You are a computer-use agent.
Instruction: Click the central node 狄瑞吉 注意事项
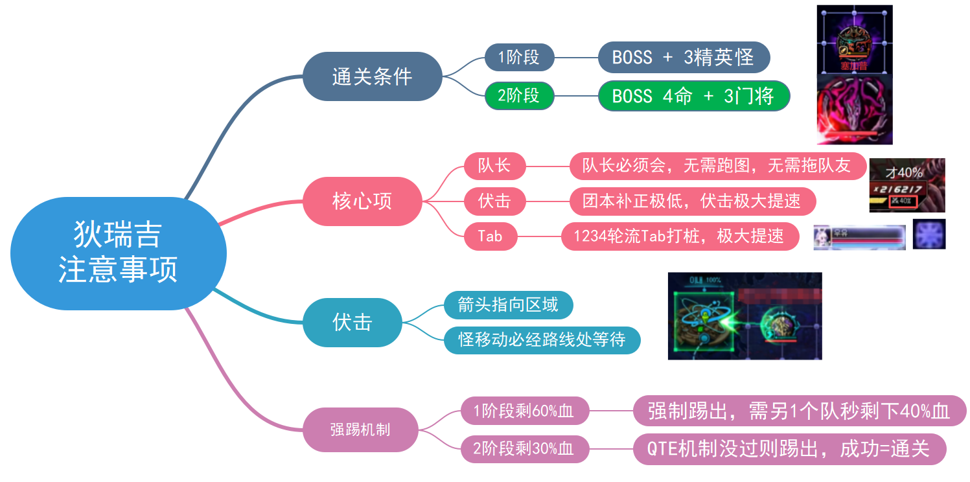[118, 253]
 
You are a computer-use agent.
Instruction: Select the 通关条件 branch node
[373, 76]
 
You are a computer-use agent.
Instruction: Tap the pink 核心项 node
[362, 201]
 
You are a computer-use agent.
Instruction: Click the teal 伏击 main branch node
[352, 322]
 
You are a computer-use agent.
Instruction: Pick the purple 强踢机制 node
[360, 429]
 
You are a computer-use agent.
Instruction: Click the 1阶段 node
[519, 57]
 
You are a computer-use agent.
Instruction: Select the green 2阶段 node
[519, 96]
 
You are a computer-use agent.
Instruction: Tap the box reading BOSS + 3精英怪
[683, 57]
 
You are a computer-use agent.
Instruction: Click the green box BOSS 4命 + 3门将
[693, 96]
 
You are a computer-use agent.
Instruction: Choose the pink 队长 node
[495, 166]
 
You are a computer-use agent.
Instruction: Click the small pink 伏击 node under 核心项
[495, 201]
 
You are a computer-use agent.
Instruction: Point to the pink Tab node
[491, 236]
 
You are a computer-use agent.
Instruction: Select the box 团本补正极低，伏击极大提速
[692, 201]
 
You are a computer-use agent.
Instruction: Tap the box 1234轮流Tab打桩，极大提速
[678, 236]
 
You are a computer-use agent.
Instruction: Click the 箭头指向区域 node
[508, 305]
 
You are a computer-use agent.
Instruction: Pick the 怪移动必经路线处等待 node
[542, 340]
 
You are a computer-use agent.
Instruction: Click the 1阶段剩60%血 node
[524, 411]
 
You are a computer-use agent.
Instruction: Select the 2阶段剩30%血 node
[524, 449]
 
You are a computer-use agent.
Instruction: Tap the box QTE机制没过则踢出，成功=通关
[789, 449]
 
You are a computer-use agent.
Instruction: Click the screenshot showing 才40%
[906, 185]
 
